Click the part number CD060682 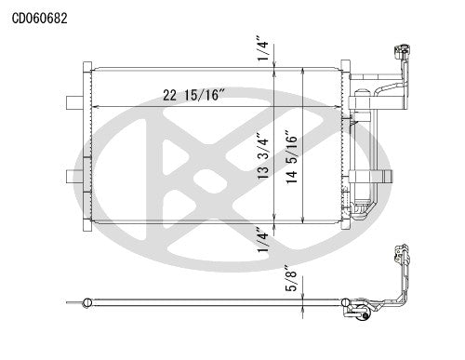(x=39, y=17)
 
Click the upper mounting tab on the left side (x=74, y=101)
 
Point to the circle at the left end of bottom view (x=86, y=301)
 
